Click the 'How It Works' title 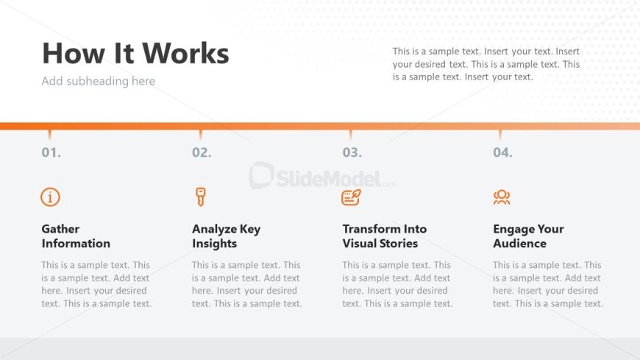pos(135,53)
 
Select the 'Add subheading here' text pos(99,81)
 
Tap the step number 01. pos(51,152)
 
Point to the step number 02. pos(202,152)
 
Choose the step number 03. pos(352,152)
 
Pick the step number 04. pos(502,152)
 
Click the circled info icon pos(50,197)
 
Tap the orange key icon pos(200,197)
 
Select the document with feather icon pos(351,197)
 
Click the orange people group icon pos(502,197)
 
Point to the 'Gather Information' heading pos(76,236)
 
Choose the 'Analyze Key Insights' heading pos(226,236)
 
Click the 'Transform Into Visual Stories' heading pos(385,236)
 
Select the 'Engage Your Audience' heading pos(528,236)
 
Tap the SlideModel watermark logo pos(322,176)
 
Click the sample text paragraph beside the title pos(486,64)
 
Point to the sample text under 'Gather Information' pos(96,284)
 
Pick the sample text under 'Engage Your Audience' pos(548,284)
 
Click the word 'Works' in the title pos(185,53)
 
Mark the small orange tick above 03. pos(351,135)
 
